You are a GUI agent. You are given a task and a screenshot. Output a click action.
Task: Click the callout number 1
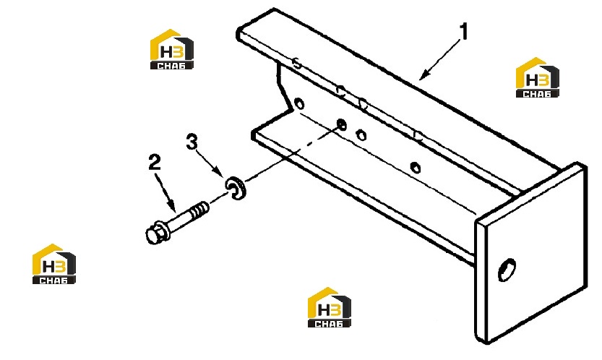tap(465, 32)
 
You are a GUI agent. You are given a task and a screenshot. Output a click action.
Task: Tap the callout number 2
tap(155, 163)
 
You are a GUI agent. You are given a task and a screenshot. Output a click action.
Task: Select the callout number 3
tap(192, 142)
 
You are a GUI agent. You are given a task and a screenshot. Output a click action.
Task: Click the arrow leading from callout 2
tap(166, 193)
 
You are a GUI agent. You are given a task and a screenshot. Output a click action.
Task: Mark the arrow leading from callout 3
tap(210, 163)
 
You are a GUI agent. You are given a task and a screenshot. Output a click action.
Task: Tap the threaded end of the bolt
tap(199, 210)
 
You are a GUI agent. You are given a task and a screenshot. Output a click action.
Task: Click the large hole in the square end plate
tap(507, 270)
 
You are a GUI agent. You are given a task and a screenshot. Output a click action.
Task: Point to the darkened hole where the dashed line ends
tap(341, 125)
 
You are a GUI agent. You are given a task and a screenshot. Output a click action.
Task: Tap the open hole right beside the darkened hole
tap(361, 135)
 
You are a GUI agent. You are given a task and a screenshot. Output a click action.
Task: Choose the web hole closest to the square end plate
tap(415, 168)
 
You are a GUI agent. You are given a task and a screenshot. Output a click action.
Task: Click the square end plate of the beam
tap(531, 253)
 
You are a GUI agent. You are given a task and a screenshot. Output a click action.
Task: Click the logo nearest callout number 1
tap(537, 77)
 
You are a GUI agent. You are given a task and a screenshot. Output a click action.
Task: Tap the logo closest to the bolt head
tap(53, 264)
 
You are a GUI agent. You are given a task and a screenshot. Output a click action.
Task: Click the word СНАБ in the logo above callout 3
tap(171, 66)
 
